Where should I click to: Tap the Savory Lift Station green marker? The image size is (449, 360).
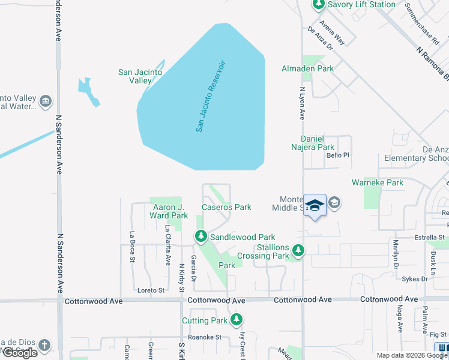click(x=318, y=5)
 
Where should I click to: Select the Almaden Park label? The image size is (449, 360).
click(x=307, y=68)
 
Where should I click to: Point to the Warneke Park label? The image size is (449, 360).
click(x=378, y=182)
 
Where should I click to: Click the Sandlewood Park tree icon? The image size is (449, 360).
click(x=200, y=238)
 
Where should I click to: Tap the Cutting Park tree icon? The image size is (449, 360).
click(x=238, y=319)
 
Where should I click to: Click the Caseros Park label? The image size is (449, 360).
click(x=226, y=207)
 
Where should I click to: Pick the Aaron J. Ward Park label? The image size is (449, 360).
click(x=167, y=211)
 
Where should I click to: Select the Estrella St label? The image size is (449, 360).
click(x=429, y=238)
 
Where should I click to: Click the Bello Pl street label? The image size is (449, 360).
click(x=337, y=155)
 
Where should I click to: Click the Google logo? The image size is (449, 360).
click(x=20, y=353)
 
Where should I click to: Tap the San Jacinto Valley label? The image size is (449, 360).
click(x=140, y=76)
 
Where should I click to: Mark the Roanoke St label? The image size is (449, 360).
click(x=205, y=337)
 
